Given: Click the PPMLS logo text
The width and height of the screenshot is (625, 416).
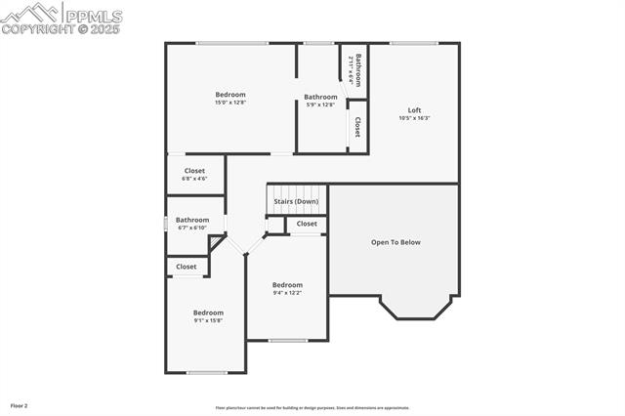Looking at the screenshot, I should click(x=94, y=16).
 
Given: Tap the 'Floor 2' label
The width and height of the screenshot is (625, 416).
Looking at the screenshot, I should click(x=20, y=405).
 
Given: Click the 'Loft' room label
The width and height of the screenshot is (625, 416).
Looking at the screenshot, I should click(x=414, y=109).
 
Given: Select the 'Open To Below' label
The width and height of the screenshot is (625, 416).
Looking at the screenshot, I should click(x=396, y=242).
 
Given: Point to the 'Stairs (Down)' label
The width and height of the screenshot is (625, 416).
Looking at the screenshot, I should click(x=296, y=201).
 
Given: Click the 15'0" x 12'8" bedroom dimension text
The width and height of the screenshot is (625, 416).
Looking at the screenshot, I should click(x=230, y=103).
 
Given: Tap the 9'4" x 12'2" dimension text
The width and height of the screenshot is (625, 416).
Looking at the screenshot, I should click(x=287, y=293).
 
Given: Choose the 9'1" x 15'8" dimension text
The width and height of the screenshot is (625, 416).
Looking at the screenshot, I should click(x=208, y=320).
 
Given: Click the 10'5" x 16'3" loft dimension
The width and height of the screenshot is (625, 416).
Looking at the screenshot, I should click(x=414, y=118).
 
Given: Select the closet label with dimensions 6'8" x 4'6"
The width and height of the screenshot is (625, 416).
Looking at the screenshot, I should click(x=194, y=179).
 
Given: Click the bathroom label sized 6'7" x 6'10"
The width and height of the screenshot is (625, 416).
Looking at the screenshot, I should click(x=192, y=228).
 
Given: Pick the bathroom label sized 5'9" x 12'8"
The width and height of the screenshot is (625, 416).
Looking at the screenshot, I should click(x=320, y=104).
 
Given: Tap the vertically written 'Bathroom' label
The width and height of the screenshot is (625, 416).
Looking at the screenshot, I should click(x=358, y=69).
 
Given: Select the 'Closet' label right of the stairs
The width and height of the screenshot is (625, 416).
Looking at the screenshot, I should click(x=307, y=224).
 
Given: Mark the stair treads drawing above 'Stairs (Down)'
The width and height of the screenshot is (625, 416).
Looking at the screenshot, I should click(x=295, y=190).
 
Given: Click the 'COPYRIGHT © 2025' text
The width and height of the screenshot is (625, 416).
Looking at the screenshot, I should click(x=61, y=29).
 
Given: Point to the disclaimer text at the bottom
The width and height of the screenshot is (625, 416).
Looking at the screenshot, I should click(x=312, y=408).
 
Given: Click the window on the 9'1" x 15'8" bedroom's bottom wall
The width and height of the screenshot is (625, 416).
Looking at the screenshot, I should click(x=207, y=372).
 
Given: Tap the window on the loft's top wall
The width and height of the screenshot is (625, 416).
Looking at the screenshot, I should click(x=414, y=43).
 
